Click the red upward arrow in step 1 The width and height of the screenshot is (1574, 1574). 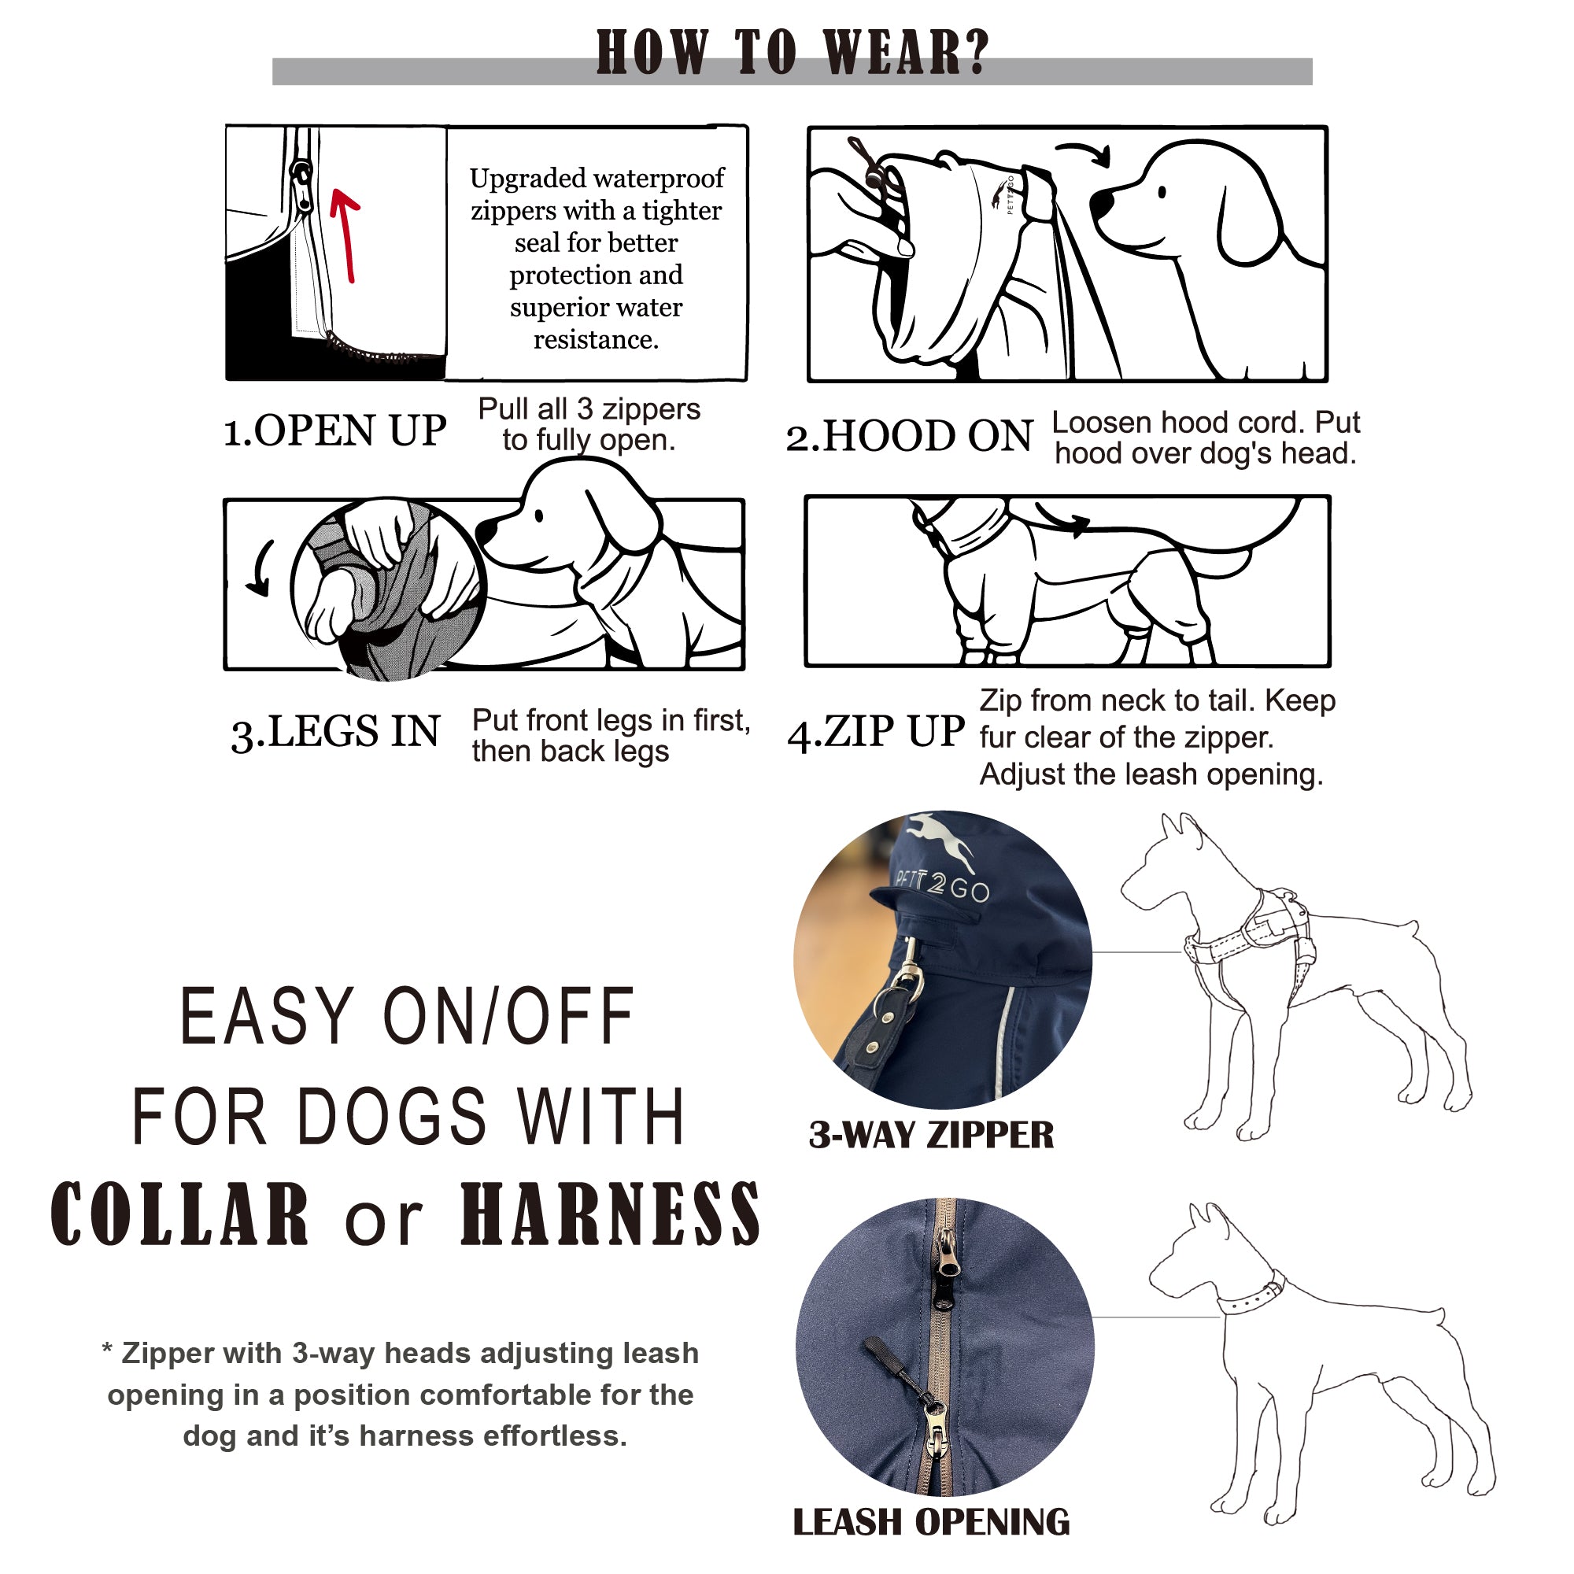coord(346,236)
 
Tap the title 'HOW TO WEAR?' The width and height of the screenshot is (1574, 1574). coord(792,53)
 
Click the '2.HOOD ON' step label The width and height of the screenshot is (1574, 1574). coord(909,436)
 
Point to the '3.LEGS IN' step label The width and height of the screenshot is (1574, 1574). coord(336,731)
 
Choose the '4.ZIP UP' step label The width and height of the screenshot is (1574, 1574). coord(876,731)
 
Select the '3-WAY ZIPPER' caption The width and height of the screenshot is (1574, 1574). coord(931,1135)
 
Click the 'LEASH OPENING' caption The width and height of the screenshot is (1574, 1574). coord(931,1523)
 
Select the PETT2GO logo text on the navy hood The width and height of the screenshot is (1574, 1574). coord(943,885)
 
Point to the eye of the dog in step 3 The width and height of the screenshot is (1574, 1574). coord(538,515)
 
